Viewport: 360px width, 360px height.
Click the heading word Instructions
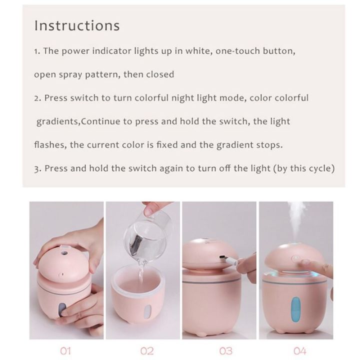77,25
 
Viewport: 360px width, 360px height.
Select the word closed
160,74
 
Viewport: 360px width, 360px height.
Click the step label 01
65,351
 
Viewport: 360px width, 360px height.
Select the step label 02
147,351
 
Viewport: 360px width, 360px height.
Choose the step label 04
299,351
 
